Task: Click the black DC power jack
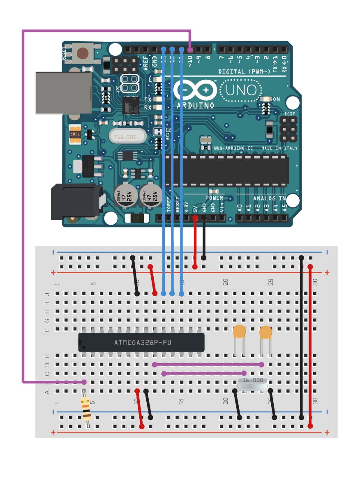[x=76, y=202]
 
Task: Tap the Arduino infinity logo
[x=195, y=90]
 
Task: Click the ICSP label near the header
[x=289, y=114]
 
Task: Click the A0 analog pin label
[x=240, y=208]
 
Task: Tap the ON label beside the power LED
[x=277, y=99]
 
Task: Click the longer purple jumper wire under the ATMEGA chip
[x=208, y=364]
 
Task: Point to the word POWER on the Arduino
[x=214, y=198]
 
